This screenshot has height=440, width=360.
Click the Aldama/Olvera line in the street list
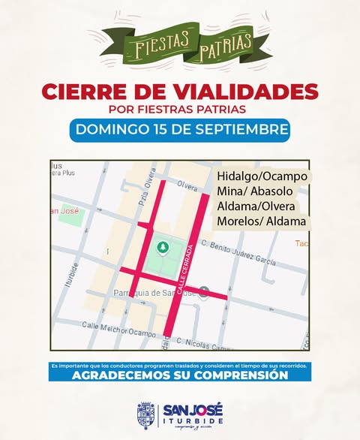256,206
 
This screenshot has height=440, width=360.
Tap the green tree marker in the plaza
161,247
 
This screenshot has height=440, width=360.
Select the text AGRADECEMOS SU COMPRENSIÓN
180,375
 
